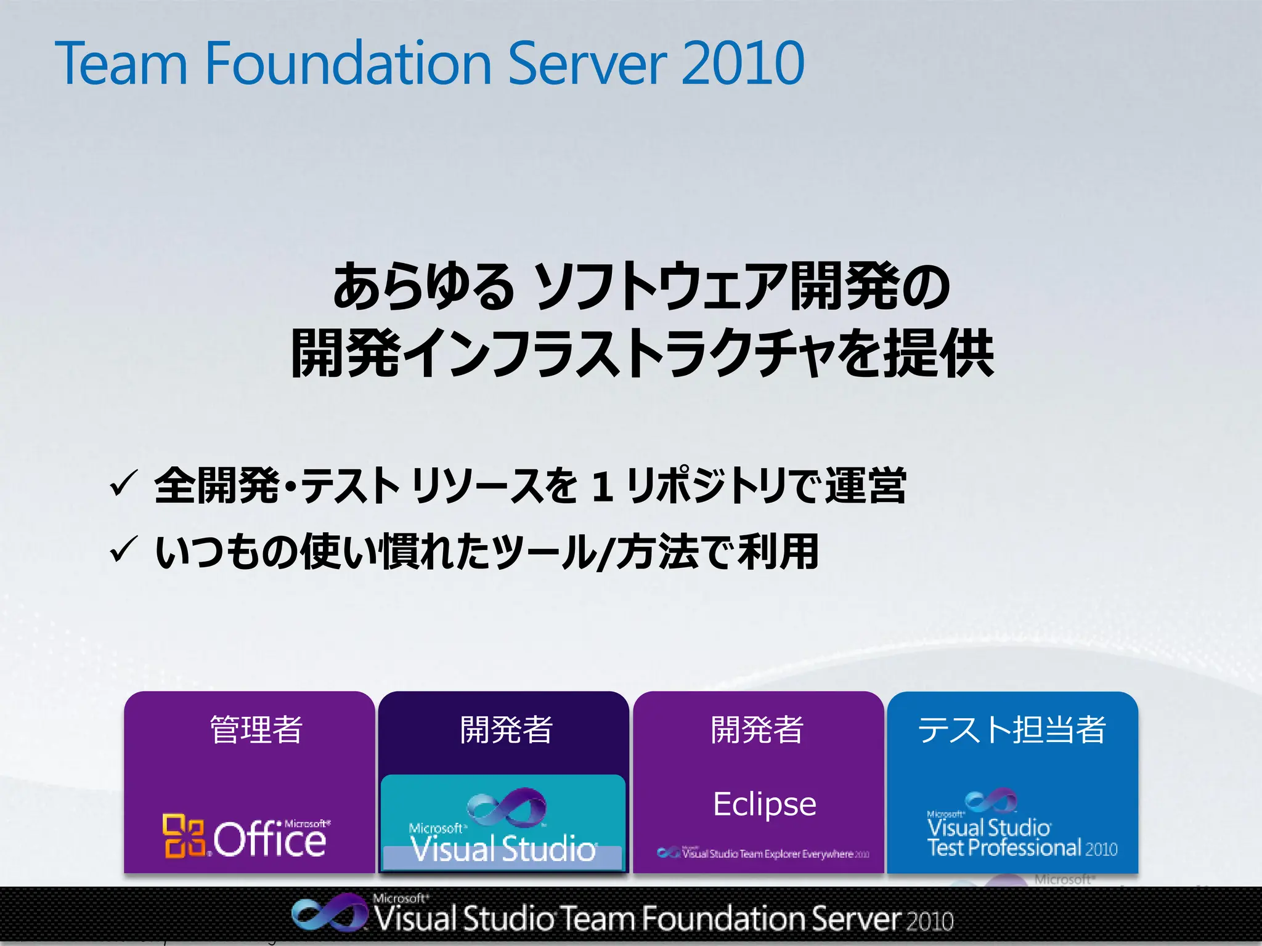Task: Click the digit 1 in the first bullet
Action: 601,487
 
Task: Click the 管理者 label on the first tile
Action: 256,729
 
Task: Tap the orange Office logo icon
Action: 183,836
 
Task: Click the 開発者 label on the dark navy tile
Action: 506,729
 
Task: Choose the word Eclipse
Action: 764,804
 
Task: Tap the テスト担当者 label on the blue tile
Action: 1012,729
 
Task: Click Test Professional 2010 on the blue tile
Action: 1022,848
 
